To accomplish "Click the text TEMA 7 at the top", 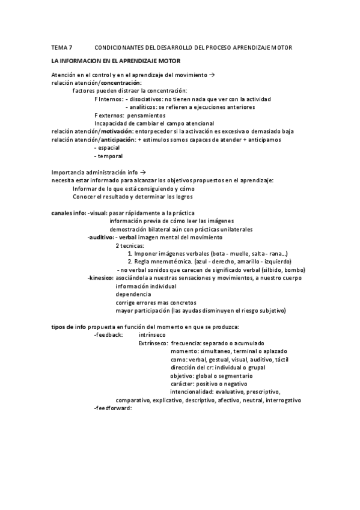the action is pyautogui.click(x=62, y=47).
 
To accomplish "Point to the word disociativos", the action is pyautogui.click(x=149, y=99).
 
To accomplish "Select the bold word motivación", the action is pyautogui.click(x=117, y=131).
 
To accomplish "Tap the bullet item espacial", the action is pyautogui.click(x=109, y=147).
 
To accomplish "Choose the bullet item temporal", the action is pyautogui.click(x=109, y=156).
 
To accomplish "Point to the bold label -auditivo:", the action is pyautogui.click(x=100, y=237).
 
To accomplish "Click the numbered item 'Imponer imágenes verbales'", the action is pyautogui.click(x=173, y=253).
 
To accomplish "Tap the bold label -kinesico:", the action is pyautogui.click(x=100, y=278).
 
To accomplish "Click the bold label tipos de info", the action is pyautogui.click(x=69, y=327).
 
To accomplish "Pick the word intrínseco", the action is pyautogui.click(x=152, y=334).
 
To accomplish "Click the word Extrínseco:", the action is pyautogui.click(x=153, y=343).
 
